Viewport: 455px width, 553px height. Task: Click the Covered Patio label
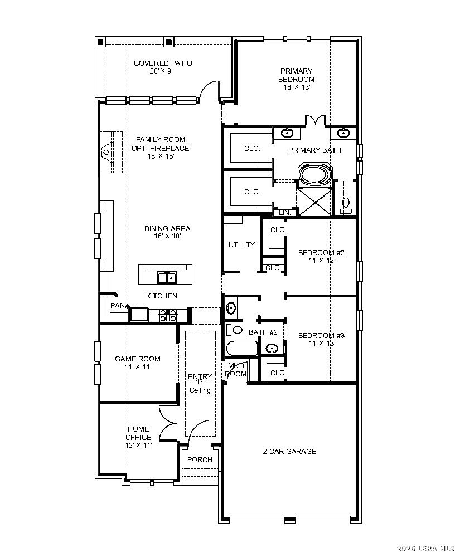click(163, 63)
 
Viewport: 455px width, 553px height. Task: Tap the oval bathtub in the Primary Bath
click(314, 174)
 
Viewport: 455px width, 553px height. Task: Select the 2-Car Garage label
click(289, 451)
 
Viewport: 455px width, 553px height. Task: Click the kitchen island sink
click(167, 277)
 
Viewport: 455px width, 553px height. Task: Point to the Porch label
click(200, 459)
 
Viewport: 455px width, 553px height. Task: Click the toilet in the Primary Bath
click(346, 206)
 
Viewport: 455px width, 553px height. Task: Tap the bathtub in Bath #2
click(242, 349)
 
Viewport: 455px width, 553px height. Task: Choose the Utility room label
click(241, 245)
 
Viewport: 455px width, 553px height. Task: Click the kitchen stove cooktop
click(168, 315)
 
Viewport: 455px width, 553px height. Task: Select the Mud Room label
click(236, 370)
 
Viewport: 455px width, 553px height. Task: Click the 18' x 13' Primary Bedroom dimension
click(297, 87)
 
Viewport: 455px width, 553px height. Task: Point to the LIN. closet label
click(285, 213)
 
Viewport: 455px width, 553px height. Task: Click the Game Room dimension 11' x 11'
click(138, 367)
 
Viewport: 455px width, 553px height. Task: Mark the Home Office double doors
click(168, 423)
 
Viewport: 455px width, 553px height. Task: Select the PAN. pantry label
click(118, 305)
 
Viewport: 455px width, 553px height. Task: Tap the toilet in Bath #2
click(235, 330)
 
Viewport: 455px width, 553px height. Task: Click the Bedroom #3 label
click(321, 335)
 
